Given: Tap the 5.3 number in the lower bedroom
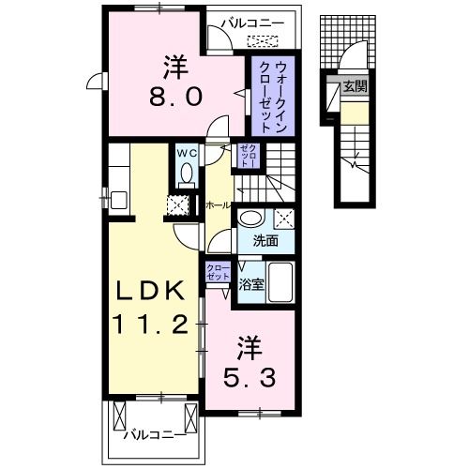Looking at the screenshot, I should pyautogui.click(x=249, y=381).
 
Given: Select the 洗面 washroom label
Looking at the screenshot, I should pyautogui.click(x=265, y=240).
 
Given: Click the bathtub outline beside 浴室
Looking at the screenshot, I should pyautogui.click(x=283, y=280).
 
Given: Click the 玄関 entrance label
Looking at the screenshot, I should pyautogui.click(x=355, y=86).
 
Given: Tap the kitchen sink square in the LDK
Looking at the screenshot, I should pyautogui.click(x=117, y=199).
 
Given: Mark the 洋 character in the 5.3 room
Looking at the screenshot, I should pyautogui.click(x=248, y=349).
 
